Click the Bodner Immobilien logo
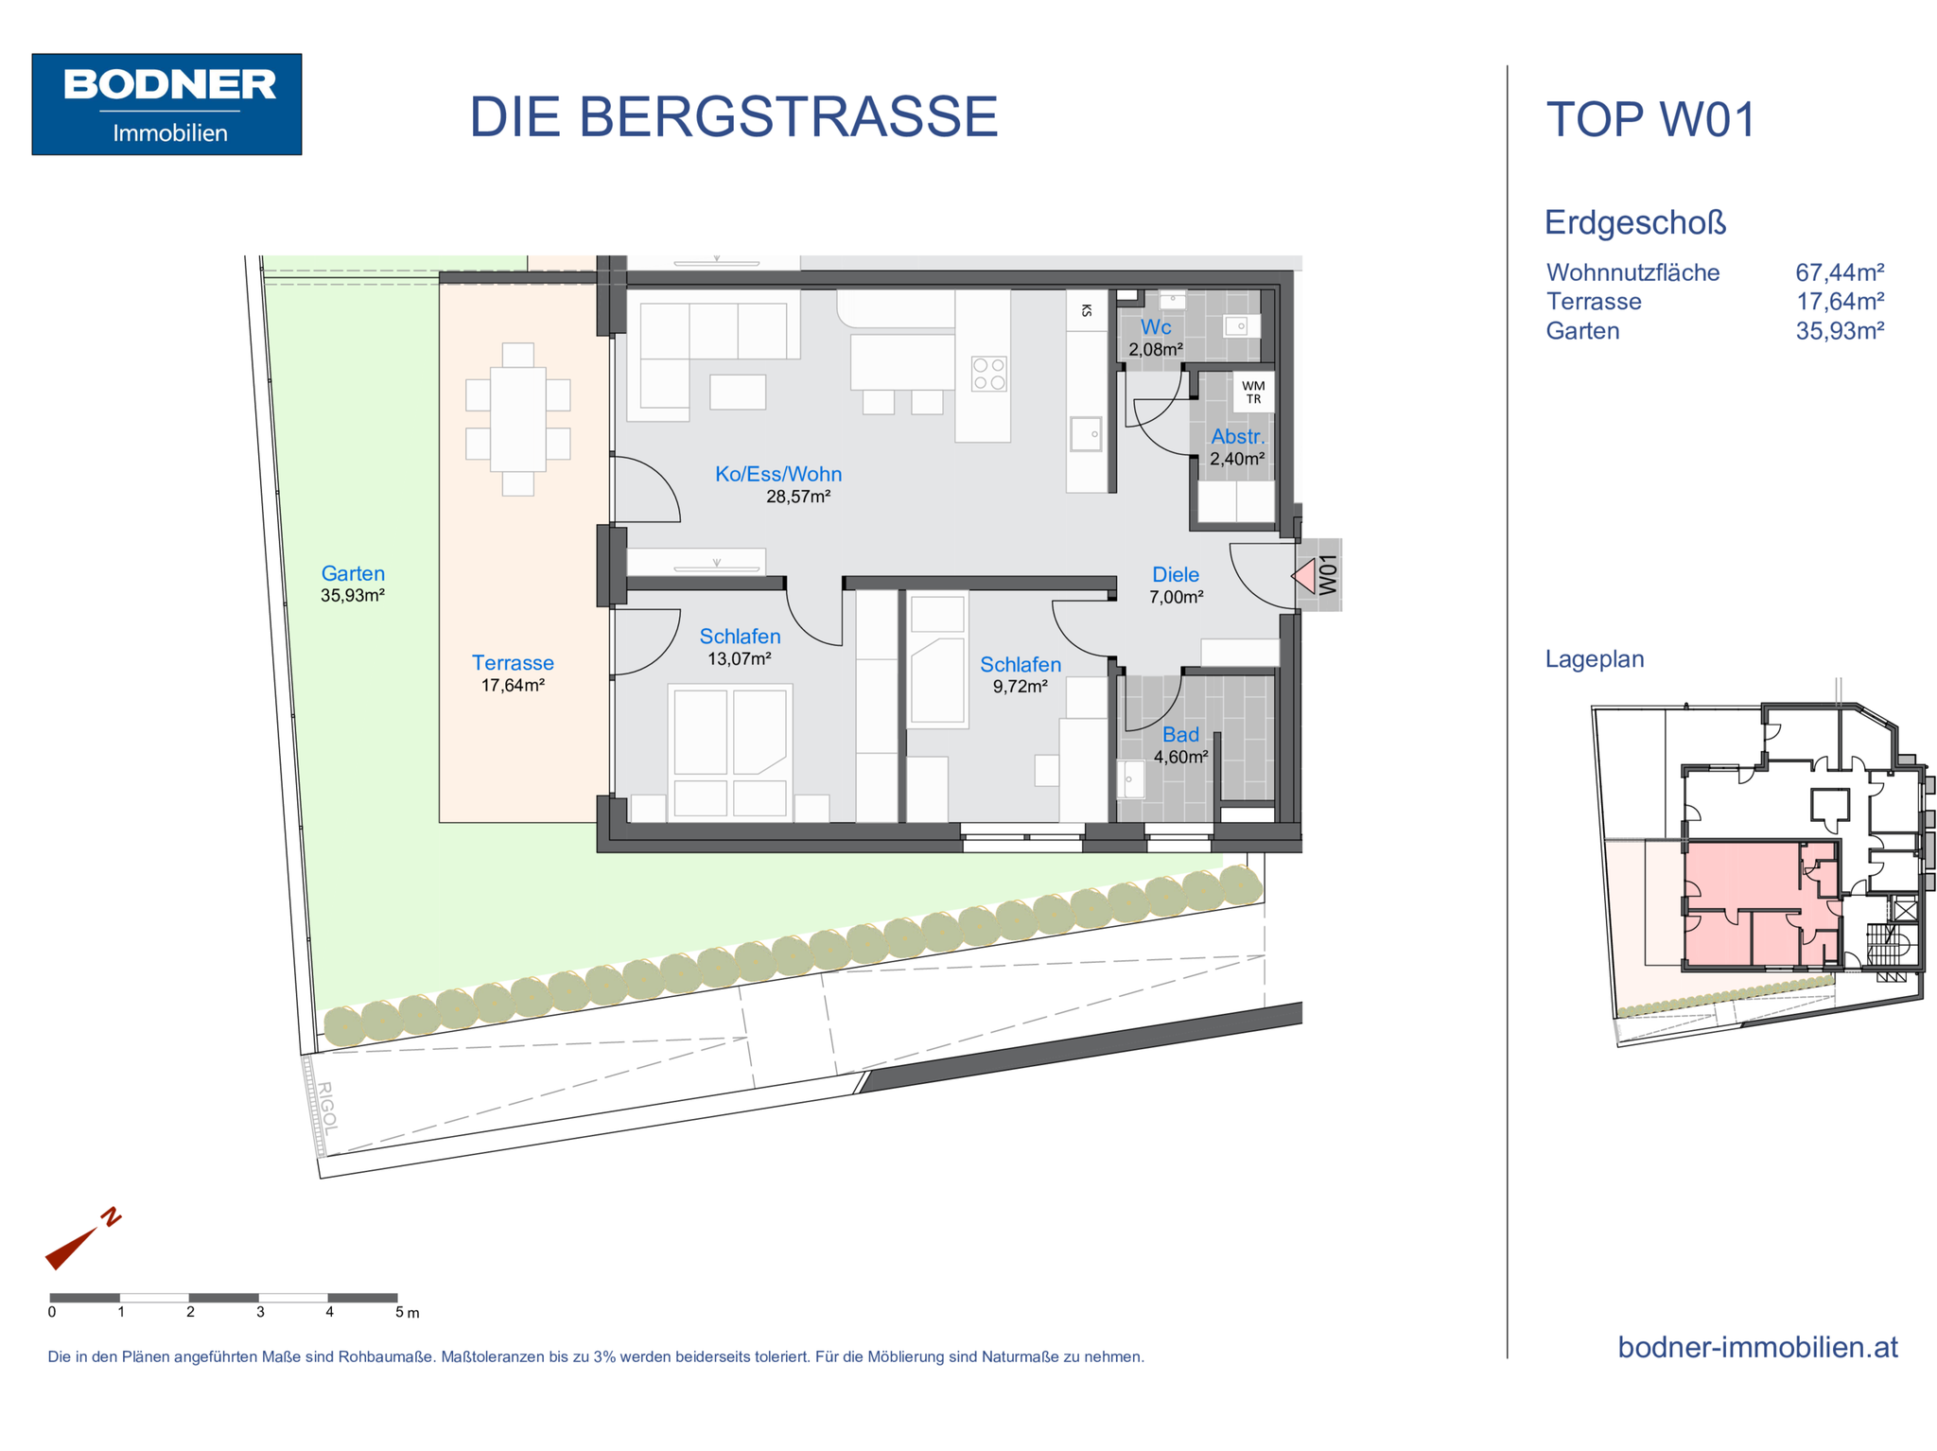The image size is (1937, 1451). click(166, 104)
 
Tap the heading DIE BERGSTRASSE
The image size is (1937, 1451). click(733, 117)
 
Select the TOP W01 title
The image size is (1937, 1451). click(1650, 120)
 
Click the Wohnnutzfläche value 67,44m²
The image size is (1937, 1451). click(1840, 272)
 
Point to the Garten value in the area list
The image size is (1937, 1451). click(1840, 331)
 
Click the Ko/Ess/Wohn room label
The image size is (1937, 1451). click(778, 474)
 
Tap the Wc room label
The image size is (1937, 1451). click(1156, 327)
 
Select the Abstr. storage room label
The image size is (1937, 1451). click(1237, 437)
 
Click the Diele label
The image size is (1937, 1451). click(1176, 574)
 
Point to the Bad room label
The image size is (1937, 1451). click(1180, 734)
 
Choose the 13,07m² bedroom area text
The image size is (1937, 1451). click(740, 658)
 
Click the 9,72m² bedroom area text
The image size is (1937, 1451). click(1021, 687)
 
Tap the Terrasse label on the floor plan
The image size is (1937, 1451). click(513, 663)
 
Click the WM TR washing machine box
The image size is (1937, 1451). click(1253, 393)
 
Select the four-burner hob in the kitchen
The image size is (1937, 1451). click(989, 374)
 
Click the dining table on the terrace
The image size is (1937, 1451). click(518, 419)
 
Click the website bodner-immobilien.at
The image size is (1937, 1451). click(1757, 1347)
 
